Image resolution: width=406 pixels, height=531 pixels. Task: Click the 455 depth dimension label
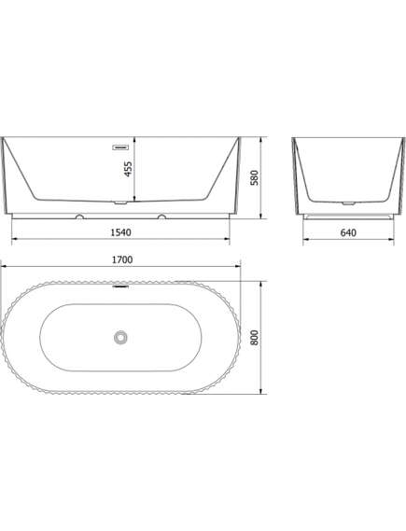(x=128, y=169)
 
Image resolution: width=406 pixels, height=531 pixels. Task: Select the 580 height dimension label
(x=254, y=178)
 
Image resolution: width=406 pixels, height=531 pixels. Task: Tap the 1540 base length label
(x=121, y=232)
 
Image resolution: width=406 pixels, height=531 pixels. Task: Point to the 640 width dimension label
(x=348, y=232)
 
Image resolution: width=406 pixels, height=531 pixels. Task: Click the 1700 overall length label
(x=122, y=259)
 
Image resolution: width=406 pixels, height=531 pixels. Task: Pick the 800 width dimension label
(x=254, y=338)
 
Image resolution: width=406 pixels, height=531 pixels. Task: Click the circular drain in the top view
(x=120, y=337)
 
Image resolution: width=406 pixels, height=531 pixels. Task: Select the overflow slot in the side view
(x=120, y=147)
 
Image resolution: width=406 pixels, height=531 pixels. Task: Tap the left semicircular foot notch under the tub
(x=80, y=217)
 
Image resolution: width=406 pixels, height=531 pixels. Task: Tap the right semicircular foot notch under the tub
(x=161, y=217)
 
